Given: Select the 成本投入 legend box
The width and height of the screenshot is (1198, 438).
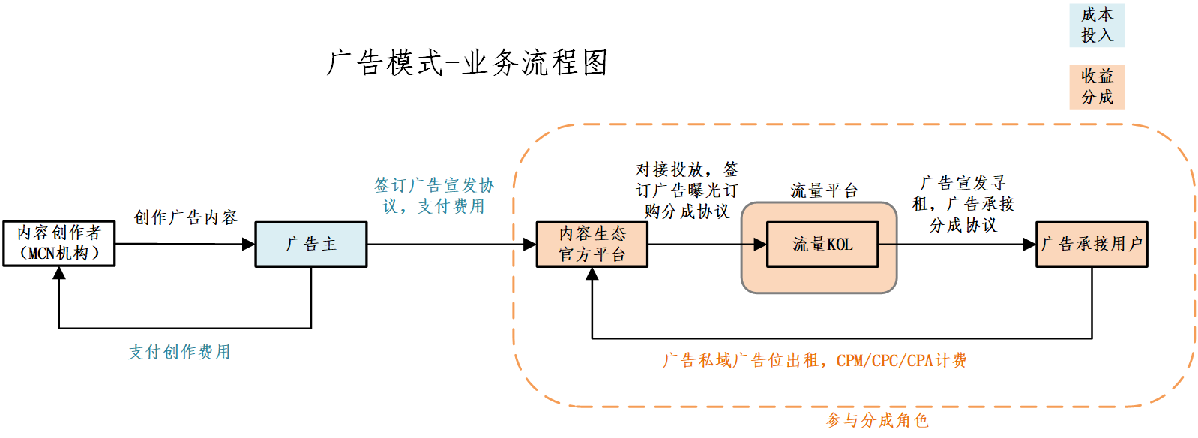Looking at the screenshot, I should click(1096, 25).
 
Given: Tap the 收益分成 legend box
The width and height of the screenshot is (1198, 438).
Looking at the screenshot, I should click(1096, 87).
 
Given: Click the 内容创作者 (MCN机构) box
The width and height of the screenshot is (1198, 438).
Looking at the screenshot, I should click(59, 244).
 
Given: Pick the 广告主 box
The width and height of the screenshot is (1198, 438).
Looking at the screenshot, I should click(311, 244).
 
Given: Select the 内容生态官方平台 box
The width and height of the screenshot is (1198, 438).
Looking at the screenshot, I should click(592, 244).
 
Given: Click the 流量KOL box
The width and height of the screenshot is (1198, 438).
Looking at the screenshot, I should click(822, 244).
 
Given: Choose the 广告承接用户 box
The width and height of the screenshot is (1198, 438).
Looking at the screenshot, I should click(1092, 244).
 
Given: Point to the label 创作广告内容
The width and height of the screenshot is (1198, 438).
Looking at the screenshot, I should click(185, 217).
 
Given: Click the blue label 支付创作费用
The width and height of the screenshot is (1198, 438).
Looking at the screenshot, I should click(179, 352).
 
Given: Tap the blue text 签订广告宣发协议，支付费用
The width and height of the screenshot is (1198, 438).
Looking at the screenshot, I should click(434, 196).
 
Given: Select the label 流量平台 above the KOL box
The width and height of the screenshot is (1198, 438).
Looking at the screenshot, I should click(823, 191).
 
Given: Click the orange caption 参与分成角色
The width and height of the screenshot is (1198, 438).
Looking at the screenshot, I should click(877, 420).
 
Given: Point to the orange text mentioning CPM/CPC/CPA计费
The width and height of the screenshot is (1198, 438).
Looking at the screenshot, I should click(814, 361).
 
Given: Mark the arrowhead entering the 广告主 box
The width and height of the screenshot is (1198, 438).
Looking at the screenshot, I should click(249, 244).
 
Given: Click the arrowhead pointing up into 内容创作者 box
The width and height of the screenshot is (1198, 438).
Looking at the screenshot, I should click(59, 273).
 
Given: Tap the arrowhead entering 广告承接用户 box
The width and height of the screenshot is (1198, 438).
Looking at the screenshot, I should click(1029, 244).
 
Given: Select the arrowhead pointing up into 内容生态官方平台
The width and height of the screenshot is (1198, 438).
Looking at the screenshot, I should click(592, 274).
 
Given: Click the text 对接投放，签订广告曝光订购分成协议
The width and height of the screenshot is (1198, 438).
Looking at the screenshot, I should click(687, 190).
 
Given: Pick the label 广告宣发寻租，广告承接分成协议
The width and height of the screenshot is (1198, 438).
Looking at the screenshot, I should click(963, 204).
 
